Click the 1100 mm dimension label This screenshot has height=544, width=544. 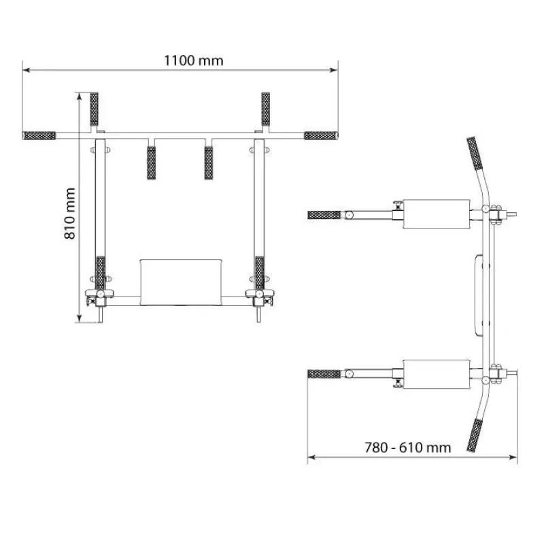point(193,61)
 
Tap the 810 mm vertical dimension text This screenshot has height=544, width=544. point(70,214)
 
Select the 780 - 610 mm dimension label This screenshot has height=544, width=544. point(407,447)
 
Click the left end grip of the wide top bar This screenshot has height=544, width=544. point(39,135)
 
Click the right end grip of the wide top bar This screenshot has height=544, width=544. point(320,135)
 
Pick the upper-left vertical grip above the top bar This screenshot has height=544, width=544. point(94,109)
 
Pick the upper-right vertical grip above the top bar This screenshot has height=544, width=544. point(266,109)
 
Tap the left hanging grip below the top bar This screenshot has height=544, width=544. point(151,163)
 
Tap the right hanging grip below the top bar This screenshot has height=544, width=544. point(209,163)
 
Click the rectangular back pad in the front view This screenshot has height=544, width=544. point(181,282)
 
